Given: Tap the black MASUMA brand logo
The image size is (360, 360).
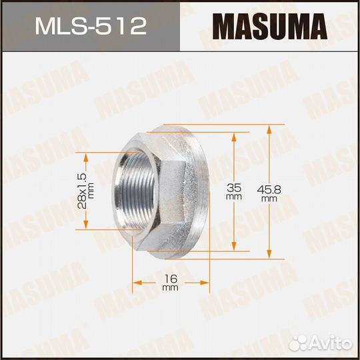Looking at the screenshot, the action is [x=270, y=27].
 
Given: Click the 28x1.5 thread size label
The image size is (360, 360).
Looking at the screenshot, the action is [x=82, y=191].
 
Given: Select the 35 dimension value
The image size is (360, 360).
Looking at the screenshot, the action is [x=234, y=188].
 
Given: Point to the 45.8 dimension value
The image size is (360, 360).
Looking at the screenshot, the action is [x=269, y=189].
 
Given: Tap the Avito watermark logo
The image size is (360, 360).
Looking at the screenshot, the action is [x=321, y=344].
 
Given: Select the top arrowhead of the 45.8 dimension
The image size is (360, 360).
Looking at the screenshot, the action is [x=269, y=130].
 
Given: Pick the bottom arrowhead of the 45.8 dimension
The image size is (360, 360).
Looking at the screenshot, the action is [x=269, y=254].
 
